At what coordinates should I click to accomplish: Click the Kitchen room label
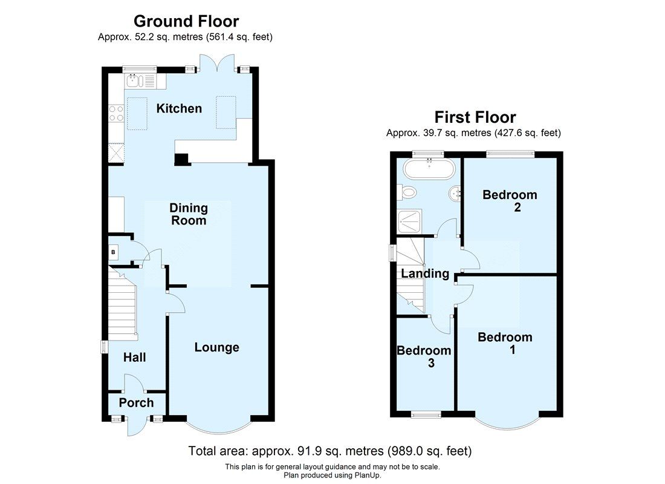pyautogui.click(x=179, y=109)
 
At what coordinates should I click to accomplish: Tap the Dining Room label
pyautogui.click(x=189, y=214)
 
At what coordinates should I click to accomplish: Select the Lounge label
pyautogui.click(x=216, y=347)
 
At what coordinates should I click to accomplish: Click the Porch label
pyautogui.click(x=136, y=403)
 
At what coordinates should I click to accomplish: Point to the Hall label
pyautogui.click(x=134, y=358)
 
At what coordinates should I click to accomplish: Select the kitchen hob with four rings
pyautogui.click(x=116, y=113)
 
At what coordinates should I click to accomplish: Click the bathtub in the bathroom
pyautogui.click(x=429, y=169)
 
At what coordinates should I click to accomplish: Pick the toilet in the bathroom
pyautogui.click(x=408, y=192)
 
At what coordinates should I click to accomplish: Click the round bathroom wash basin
pyautogui.click(x=455, y=194)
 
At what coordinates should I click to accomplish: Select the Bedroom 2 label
pyautogui.click(x=510, y=201)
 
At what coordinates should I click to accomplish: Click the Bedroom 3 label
pyautogui.click(x=424, y=356)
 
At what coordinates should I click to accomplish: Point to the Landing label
pyautogui.click(x=425, y=273)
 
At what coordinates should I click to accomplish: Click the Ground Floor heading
pyautogui.click(x=186, y=22)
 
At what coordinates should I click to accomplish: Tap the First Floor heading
pyautogui.click(x=476, y=117)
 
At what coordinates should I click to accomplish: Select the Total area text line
pyautogui.click(x=330, y=451)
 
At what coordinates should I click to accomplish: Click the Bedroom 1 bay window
pyautogui.click(x=507, y=423)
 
